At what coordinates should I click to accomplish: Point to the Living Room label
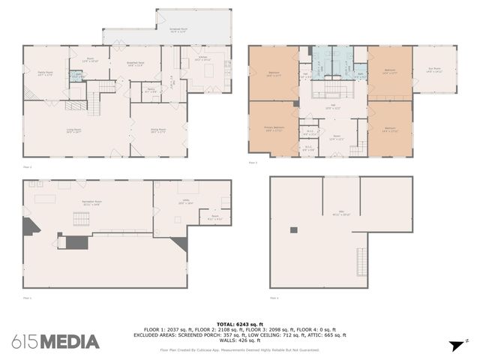pos(73,131)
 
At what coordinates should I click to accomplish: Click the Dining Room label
pos(158,131)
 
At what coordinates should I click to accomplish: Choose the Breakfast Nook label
pos(135,64)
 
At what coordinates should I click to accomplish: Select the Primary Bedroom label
pos(273,128)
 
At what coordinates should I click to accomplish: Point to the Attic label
pos(341,214)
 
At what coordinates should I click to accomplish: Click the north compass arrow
pos(454,346)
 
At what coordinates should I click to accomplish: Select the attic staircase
pos(361,259)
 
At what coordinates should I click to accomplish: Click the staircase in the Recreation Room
pos(79,219)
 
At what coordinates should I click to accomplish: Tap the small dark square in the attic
pos(293,229)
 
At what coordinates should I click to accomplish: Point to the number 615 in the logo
pos(25,342)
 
